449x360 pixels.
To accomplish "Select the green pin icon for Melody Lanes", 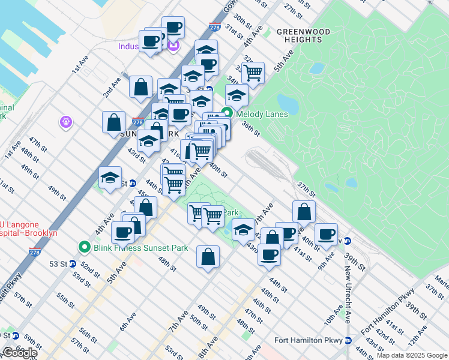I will pos(228,113).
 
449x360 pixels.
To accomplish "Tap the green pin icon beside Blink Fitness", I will pos(85,247).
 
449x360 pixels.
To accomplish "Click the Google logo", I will pos(19,353).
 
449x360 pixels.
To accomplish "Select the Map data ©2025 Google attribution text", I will pos(411,355).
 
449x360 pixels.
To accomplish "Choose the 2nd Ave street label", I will pos(112,87).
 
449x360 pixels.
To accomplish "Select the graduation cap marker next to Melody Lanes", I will pos(237,95).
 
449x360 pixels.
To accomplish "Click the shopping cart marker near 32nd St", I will pos(253,73).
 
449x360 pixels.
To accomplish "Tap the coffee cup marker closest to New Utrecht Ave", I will pos(326,234).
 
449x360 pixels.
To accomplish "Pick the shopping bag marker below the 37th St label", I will pos(304,211).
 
